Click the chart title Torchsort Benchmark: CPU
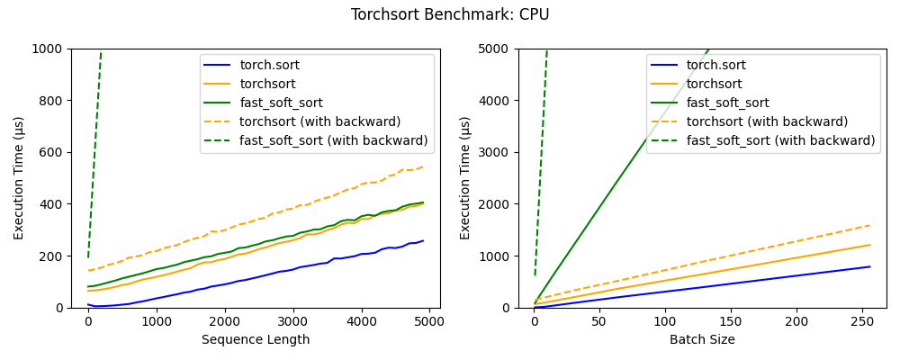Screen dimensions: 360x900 450,14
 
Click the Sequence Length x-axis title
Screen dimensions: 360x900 256,340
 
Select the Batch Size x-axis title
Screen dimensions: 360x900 702,340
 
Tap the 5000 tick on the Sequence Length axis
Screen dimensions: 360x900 429,320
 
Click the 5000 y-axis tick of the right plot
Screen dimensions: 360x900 491,49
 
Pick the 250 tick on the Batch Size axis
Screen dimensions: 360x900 861,320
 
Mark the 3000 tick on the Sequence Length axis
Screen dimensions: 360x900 292,320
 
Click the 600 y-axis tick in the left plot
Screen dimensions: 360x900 49,152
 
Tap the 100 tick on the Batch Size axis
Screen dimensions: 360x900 665,320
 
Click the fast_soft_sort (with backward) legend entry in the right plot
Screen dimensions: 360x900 780,140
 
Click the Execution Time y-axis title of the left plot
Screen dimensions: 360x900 20,177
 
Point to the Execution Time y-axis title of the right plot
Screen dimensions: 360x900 465,177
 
